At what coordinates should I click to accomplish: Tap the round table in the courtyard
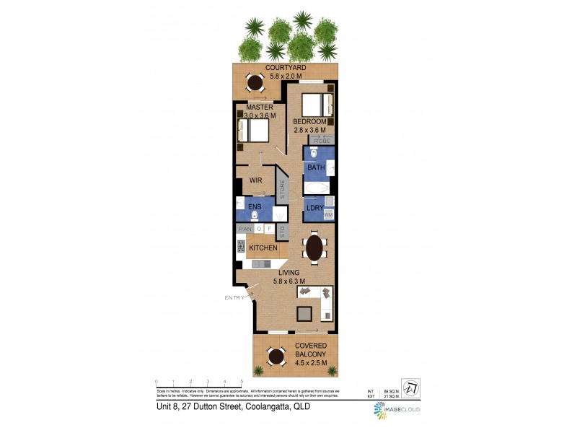255,82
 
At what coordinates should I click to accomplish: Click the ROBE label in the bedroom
320,140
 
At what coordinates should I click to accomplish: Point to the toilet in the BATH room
313,154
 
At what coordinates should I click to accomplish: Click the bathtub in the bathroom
315,188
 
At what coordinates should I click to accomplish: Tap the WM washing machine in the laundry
328,214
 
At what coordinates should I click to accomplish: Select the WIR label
255,181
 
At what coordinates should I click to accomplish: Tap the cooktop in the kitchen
241,248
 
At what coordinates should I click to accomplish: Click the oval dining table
315,248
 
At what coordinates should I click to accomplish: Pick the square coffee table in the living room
306,312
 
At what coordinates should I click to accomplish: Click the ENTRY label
235,297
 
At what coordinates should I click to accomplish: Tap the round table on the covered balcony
276,357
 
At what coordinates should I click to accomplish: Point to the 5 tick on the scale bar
241,382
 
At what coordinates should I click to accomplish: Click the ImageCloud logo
397,411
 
